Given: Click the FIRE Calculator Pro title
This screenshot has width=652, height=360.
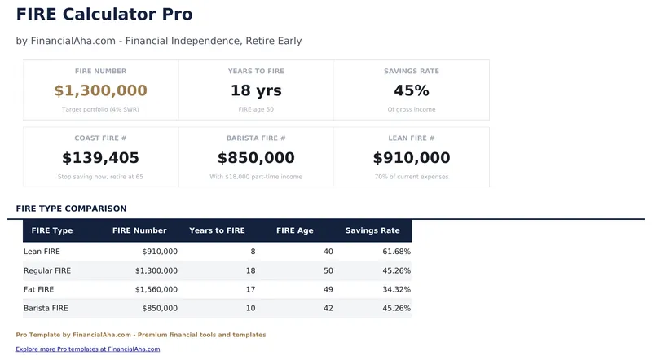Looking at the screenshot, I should (104, 14).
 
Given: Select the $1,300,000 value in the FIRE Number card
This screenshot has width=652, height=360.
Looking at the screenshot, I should (100, 90).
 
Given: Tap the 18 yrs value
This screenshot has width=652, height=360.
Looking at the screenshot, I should (256, 90).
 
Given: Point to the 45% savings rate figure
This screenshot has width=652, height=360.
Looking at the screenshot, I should (412, 90).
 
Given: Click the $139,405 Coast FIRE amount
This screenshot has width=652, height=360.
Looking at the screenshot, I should (100, 158).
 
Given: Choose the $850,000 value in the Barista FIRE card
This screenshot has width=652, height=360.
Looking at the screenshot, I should (256, 158).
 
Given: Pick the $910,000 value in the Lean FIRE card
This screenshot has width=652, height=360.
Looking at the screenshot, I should (412, 158).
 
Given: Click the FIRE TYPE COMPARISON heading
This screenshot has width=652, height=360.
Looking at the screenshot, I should (71, 209).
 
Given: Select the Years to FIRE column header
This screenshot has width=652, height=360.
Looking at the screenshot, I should (217, 230).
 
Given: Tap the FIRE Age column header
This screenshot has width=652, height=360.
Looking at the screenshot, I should (295, 230).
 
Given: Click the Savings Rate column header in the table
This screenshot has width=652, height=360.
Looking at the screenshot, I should (372, 230).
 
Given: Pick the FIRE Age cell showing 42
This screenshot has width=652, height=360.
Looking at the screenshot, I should (328, 309).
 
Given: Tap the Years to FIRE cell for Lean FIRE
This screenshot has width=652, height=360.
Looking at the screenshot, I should (253, 252).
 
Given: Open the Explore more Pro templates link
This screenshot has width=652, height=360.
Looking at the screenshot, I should (88, 349).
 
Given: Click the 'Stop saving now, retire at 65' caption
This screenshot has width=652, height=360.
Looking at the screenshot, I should (100, 177).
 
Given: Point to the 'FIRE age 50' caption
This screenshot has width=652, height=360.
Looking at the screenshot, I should (256, 109).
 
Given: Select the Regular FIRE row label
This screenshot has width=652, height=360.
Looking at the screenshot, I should (47, 270).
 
